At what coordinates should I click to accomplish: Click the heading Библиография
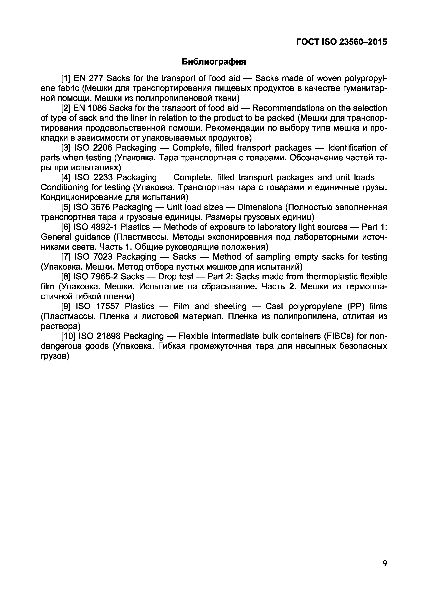[214, 62]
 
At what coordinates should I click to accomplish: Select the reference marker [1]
[66, 78]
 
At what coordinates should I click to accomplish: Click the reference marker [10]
[69, 336]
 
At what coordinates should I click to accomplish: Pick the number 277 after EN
[97, 78]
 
